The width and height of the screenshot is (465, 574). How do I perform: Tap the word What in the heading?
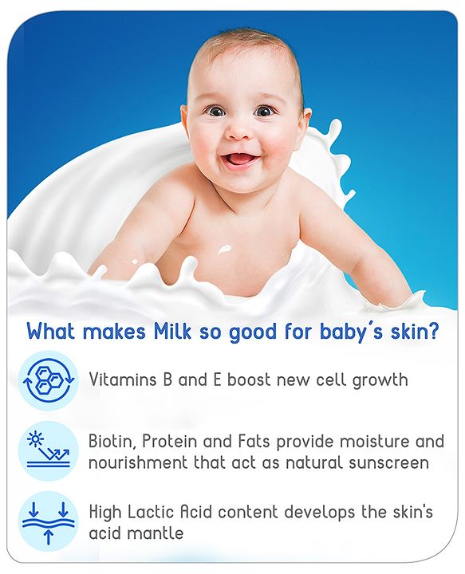[x=53, y=330]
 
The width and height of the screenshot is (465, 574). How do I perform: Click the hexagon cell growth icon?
[x=48, y=380]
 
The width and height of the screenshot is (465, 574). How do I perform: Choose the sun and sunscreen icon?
[x=48, y=450]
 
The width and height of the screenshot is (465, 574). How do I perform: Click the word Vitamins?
[x=120, y=379]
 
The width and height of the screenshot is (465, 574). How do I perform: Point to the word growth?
[x=375, y=379]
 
